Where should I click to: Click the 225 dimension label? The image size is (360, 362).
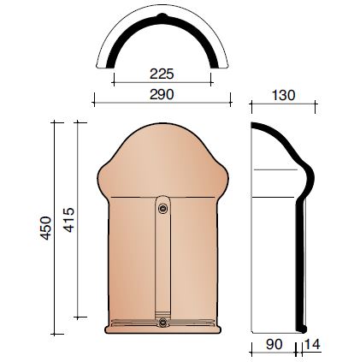162,74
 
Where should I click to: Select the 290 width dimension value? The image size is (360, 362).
162,94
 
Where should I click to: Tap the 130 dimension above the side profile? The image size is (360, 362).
283,95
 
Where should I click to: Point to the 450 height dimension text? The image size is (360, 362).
47,227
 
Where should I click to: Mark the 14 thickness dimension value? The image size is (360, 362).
313,345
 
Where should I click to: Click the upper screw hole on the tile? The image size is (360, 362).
162,208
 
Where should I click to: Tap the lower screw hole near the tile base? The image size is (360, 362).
162,322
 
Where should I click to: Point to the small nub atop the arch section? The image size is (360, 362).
162,17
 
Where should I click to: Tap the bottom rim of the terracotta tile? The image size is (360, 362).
162,329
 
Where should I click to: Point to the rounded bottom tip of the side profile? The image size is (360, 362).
301,329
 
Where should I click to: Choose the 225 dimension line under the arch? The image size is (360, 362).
162,83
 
